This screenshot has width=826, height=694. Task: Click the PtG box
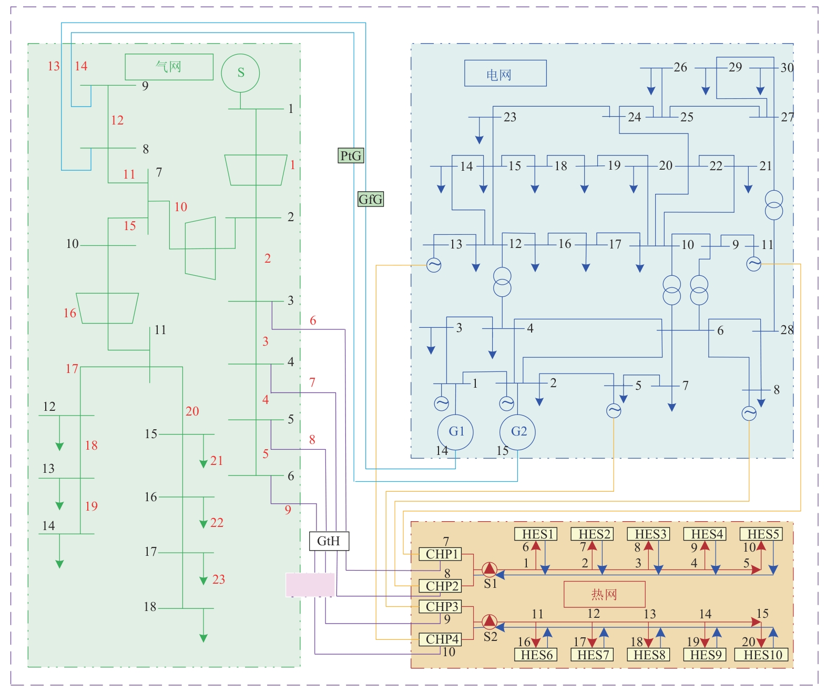(351, 156)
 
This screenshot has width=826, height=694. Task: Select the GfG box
(371, 199)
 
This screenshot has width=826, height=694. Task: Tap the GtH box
(329, 541)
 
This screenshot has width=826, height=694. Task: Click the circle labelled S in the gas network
(240, 73)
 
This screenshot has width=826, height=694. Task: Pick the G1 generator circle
(455, 432)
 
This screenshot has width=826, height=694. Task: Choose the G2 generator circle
(517, 432)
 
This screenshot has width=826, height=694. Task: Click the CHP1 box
(441, 554)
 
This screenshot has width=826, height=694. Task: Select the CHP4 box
(441, 639)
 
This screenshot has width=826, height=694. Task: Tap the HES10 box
(763, 655)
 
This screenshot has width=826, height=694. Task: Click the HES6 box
(536, 655)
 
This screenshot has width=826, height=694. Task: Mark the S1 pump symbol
(490, 569)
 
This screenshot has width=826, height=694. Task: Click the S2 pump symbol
(490, 622)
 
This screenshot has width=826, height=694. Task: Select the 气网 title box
(169, 67)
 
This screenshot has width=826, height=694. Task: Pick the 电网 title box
(505, 73)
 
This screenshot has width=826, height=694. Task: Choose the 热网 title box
(604, 594)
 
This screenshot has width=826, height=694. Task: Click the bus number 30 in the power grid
(787, 67)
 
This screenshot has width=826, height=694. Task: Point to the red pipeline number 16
(70, 313)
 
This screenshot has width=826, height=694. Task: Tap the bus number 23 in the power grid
(510, 117)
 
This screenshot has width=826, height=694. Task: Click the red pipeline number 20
(192, 411)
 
